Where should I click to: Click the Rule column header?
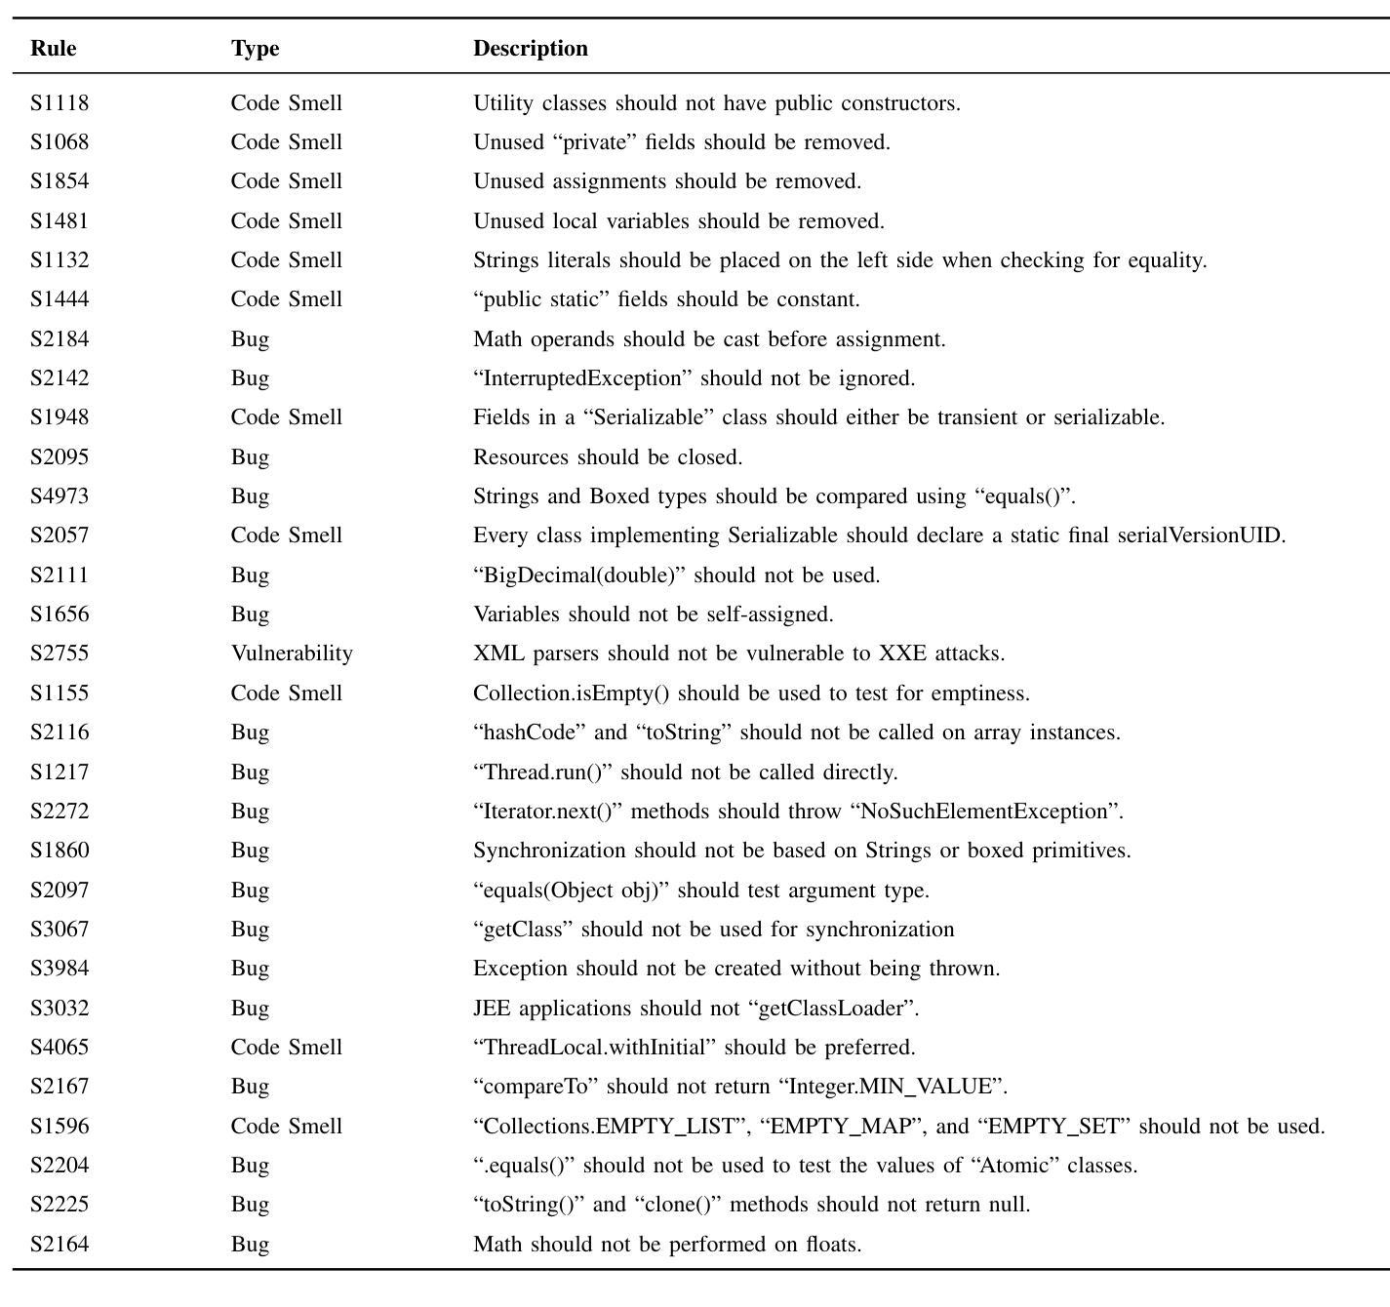point(54,49)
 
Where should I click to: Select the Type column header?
point(255,49)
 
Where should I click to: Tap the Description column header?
point(531,49)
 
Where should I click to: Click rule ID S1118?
point(60,103)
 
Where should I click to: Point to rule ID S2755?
point(60,653)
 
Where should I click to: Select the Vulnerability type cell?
point(292,653)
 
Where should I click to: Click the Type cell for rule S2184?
point(250,339)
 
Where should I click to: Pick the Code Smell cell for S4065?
point(286,1047)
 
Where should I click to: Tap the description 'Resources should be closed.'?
point(608,457)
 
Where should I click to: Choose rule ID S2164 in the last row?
point(60,1244)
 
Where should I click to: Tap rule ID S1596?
point(60,1126)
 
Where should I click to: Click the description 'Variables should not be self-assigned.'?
point(653,614)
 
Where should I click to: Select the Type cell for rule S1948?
point(286,417)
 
